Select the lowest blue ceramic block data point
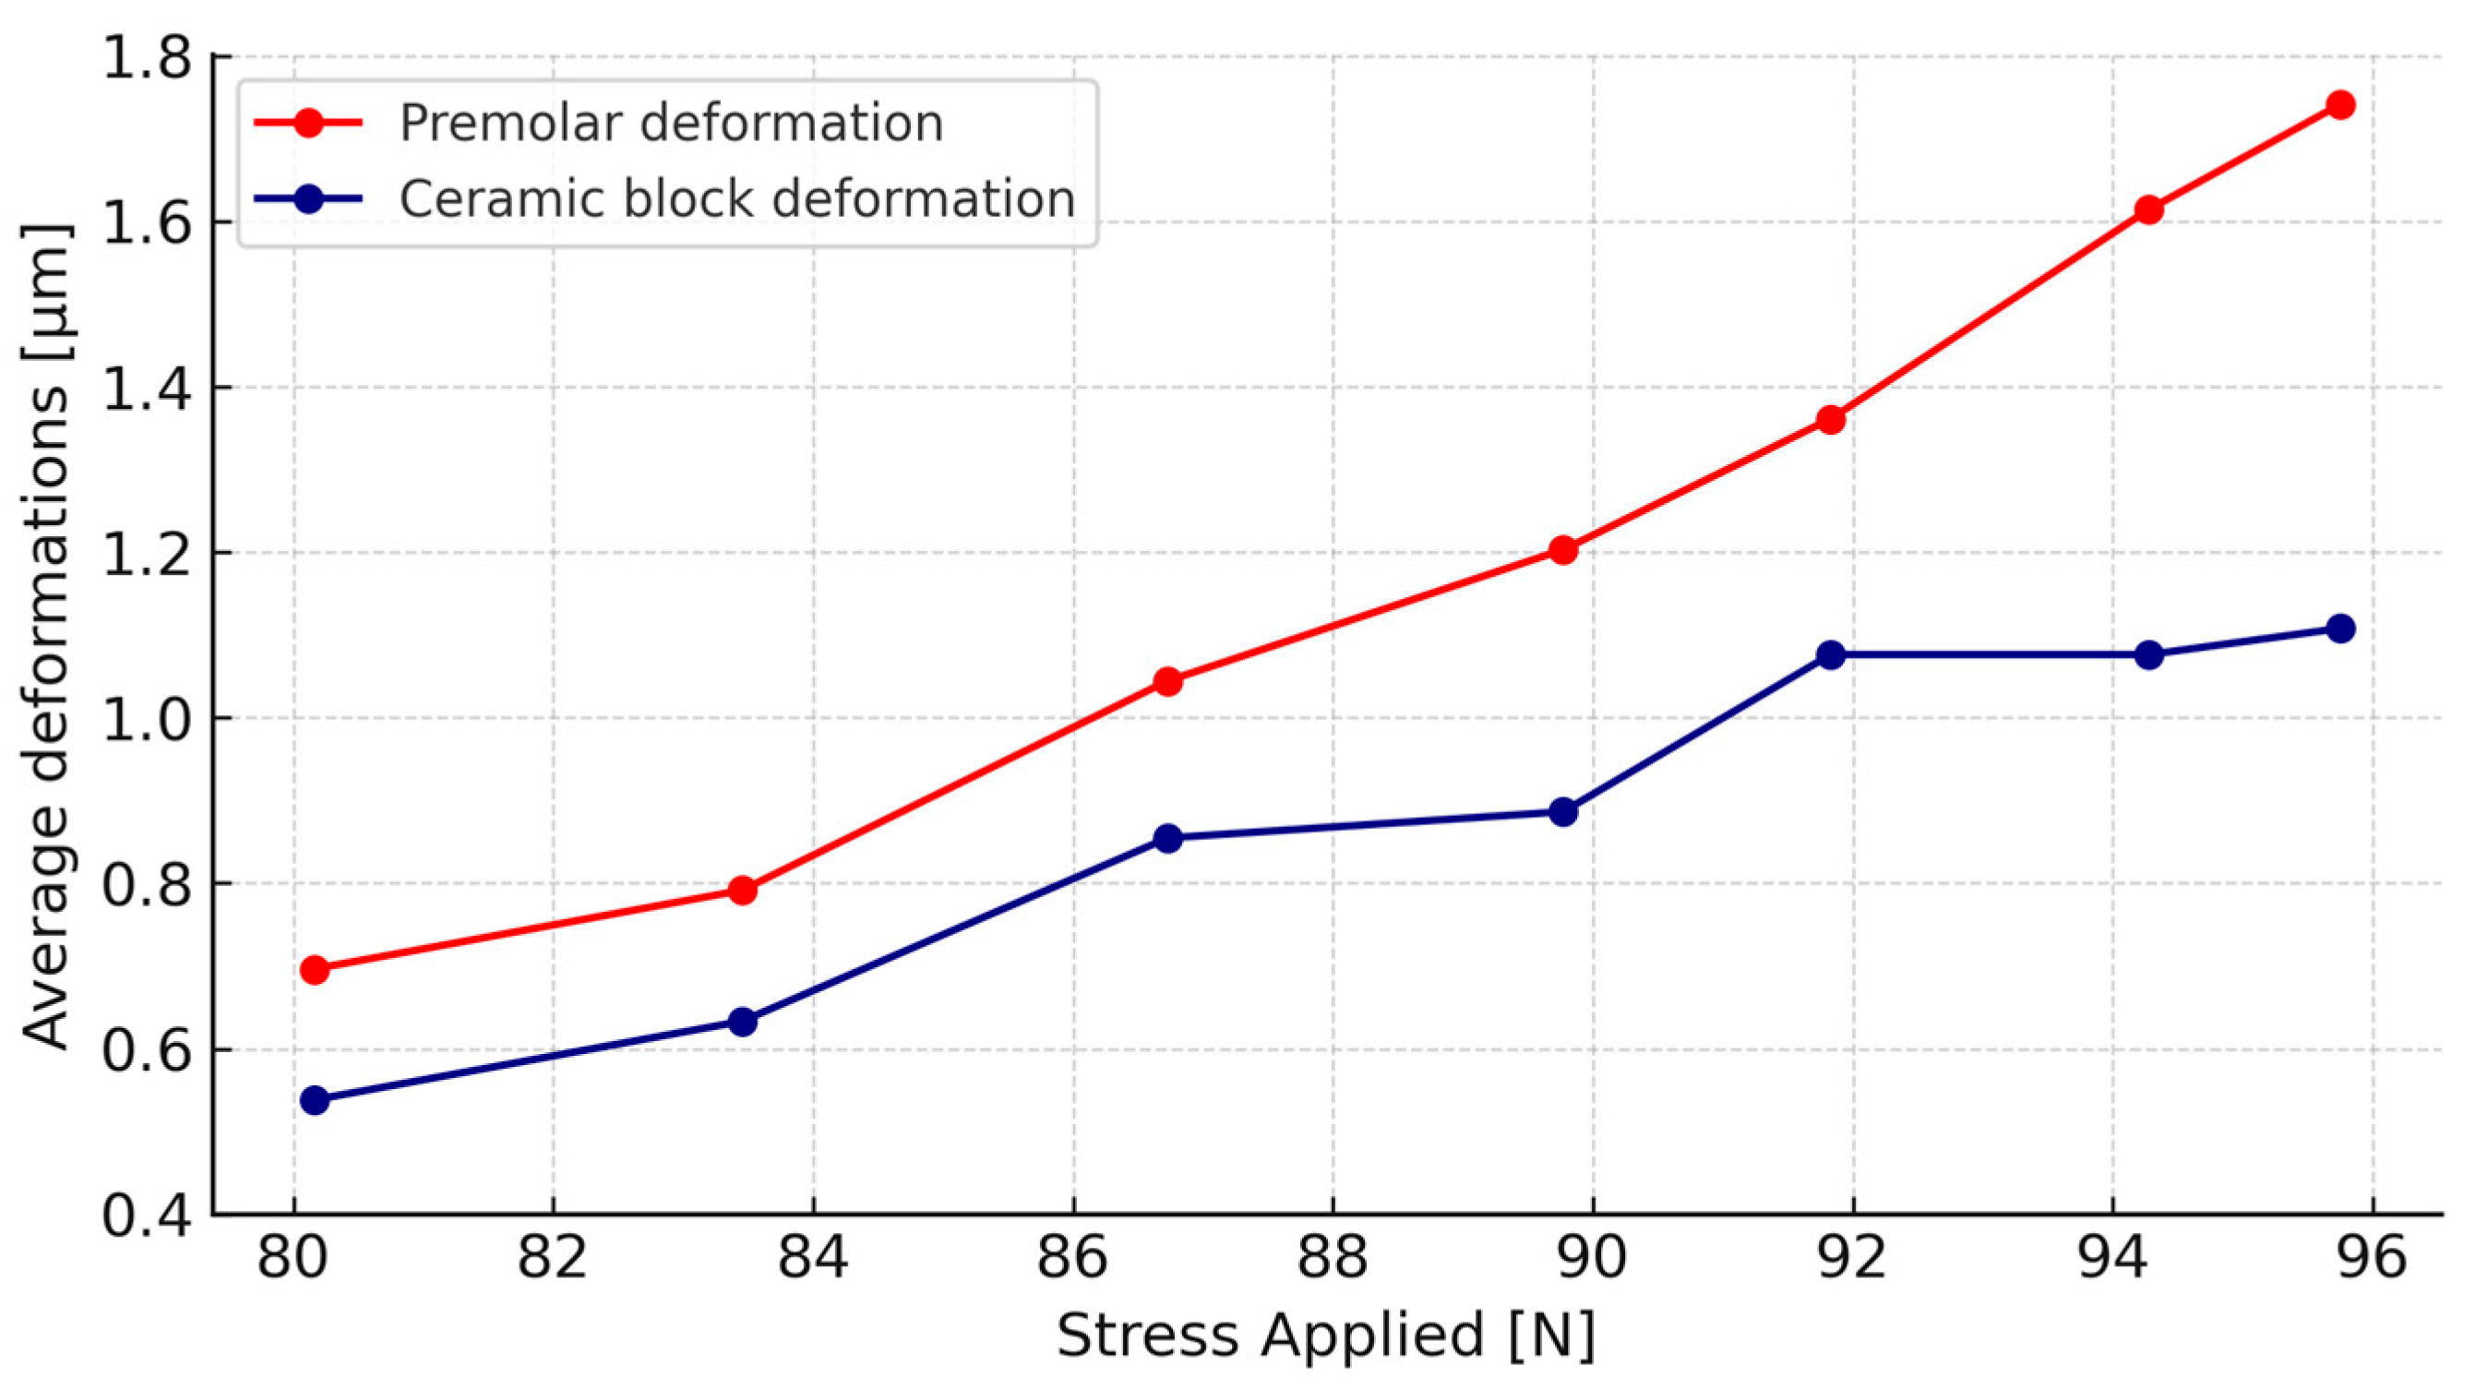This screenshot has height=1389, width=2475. click(x=314, y=1100)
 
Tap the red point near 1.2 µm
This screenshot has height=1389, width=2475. click(x=1563, y=550)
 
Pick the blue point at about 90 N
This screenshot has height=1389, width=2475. click(x=1563, y=811)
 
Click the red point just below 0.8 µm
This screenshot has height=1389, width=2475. click(x=742, y=891)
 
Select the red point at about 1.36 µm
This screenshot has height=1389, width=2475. click(x=1831, y=420)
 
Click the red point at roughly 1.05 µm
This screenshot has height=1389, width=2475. click(x=1167, y=682)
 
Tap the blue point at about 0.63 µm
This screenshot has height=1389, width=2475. click(x=742, y=1021)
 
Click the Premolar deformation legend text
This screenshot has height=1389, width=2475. click(x=671, y=123)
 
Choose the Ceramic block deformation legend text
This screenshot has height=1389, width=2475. click(x=736, y=198)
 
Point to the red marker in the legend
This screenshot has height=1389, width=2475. click(x=308, y=123)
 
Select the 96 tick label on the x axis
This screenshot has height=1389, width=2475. click(x=2372, y=1258)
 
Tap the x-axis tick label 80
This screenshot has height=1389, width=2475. click(x=293, y=1258)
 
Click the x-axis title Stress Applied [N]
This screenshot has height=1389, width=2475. click(x=1326, y=1335)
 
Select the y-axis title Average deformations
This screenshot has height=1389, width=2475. click(x=46, y=636)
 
